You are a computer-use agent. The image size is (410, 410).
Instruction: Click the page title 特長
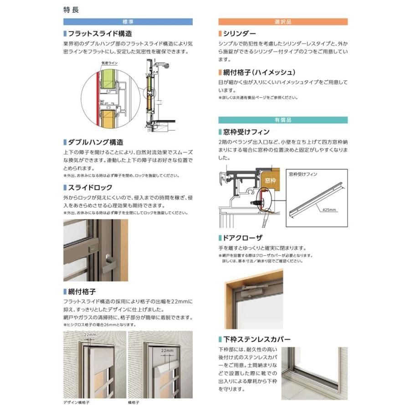[72, 10]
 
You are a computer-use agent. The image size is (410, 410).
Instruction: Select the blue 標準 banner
[127, 21]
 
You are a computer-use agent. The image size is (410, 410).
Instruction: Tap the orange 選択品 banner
[282, 21]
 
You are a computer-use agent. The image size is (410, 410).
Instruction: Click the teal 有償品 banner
[282, 120]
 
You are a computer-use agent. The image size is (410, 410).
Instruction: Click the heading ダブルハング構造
[95, 143]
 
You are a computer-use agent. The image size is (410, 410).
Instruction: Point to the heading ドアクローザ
[244, 238]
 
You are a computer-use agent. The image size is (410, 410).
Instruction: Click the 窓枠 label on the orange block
[270, 180]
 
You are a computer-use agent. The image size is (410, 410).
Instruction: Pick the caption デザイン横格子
[75, 403]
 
